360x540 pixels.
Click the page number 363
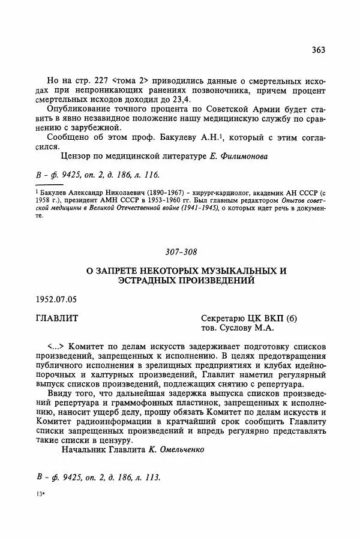318,50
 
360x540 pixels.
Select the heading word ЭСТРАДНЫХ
141,281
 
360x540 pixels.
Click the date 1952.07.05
56,298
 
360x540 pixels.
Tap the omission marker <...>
56,347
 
